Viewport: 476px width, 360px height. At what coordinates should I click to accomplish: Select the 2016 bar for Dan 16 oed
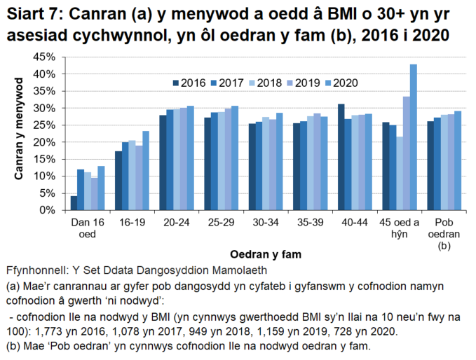click(x=74, y=203)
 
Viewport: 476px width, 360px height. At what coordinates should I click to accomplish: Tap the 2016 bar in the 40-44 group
click(x=341, y=157)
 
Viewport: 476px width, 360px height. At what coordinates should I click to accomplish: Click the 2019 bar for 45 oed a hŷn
click(x=407, y=153)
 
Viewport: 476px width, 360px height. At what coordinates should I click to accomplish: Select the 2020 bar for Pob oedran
click(x=458, y=160)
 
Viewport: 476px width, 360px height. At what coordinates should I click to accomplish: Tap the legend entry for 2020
click(x=341, y=83)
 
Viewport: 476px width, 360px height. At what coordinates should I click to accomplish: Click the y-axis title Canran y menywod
click(x=20, y=133)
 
